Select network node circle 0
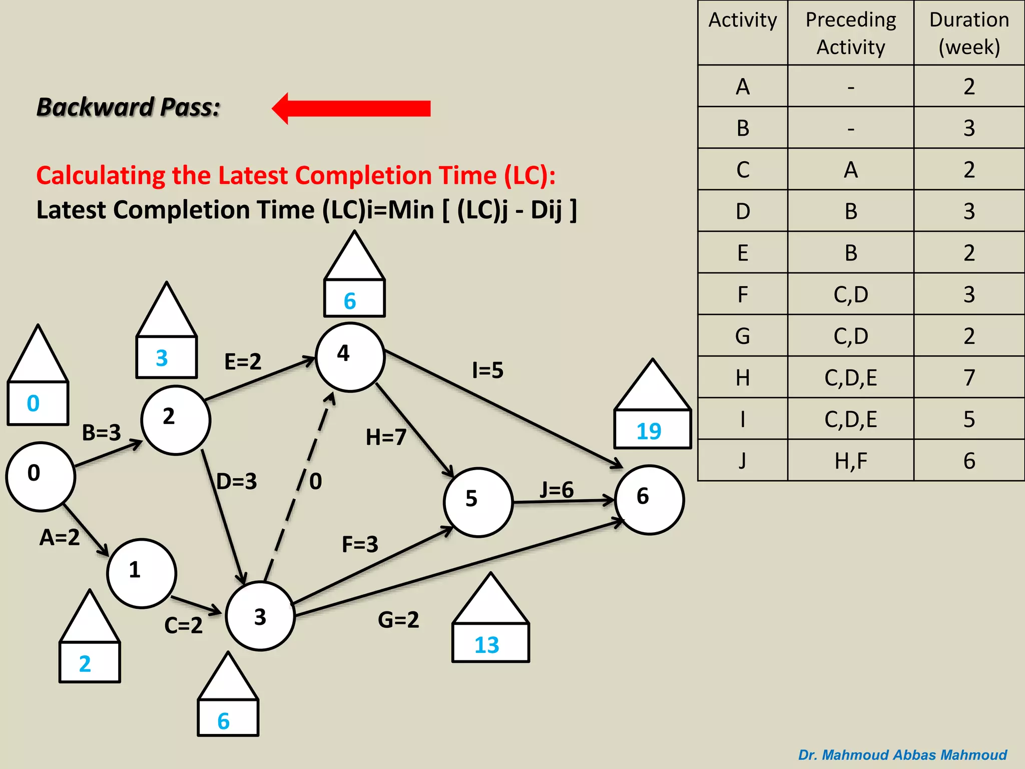tap(41, 476)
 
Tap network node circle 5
tap(478, 502)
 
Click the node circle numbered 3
tap(260, 616)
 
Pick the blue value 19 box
tap(652, 430)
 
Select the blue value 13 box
tap(490, 643)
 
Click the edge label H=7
tap(385, 437)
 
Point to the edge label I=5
tap(487, 370)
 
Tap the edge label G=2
tap(398, 620)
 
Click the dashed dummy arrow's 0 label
tap(315, 481)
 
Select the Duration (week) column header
tap(969, 33)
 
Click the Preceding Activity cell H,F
tap(850, 461)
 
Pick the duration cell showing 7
tap(969, 377)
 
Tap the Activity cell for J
tap(742, 461)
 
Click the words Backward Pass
tap(129, 107)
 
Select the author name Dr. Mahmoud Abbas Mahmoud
tap(902, 754)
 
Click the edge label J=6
tap(556, 490)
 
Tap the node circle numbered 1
tap(142, 573)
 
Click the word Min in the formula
tap(411, 210)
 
